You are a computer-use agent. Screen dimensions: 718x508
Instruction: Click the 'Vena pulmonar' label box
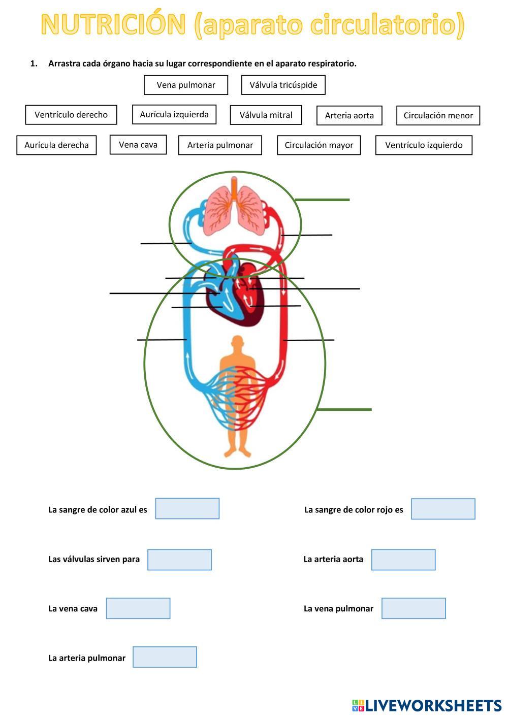(x=186, y=85)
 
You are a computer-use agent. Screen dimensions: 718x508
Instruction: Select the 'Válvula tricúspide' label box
(x=283, y=85)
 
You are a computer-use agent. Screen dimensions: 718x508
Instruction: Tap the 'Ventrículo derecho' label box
(x=71, y=115)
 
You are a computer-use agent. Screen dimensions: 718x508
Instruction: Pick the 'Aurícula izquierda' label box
(x=174, y=114)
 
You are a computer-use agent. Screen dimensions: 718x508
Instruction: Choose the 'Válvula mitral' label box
(x=266, y=115)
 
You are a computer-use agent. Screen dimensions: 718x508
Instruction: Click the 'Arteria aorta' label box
(x=349, y=115)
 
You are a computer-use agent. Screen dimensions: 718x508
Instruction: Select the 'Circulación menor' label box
(x=438, y=115)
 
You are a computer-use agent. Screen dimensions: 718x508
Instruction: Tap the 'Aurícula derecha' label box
(x=56, y=145)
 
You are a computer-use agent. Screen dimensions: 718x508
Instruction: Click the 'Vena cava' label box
(x=138, y=145)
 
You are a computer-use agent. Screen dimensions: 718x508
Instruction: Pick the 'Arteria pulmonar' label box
(x=220, y=145)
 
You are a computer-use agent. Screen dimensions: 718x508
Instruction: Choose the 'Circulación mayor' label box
(x=319, y=145)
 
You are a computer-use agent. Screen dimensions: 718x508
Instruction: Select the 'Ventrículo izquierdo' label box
(x=424, y=145)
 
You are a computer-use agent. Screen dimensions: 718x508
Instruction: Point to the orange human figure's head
(x=237, y=343)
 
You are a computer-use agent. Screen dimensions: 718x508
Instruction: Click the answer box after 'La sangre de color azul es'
(x=187, y=508)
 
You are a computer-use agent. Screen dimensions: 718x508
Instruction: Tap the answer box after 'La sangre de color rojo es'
(x=443, y=509)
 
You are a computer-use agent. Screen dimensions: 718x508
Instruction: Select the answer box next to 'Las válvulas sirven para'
(x=179, y=560)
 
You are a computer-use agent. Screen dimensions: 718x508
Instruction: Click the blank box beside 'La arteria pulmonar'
(x=165, y=657)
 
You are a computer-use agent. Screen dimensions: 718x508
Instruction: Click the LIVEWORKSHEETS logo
(x=427, y=705)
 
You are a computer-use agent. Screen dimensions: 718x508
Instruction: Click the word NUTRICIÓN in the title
(x=114, y=24)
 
